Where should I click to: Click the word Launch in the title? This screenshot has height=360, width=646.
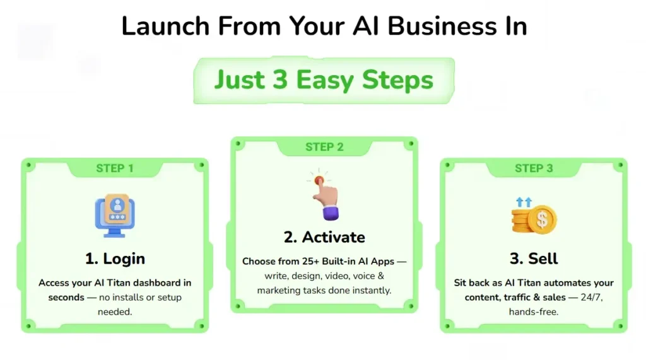(166, 26)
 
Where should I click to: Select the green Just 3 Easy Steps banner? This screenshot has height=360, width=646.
(324, 80)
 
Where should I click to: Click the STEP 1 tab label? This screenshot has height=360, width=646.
(115, 168)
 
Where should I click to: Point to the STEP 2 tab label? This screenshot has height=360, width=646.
(324, 147)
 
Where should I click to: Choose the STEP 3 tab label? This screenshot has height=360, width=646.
(534, 168)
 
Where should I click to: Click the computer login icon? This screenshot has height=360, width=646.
(115, 216)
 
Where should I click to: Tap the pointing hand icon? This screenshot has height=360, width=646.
(324, 195)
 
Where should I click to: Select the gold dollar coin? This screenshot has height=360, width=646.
(542, 219)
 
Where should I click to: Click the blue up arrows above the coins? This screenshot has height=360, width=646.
(524, 202)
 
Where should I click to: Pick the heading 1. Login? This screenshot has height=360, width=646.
(115, 258)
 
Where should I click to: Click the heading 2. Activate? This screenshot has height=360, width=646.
(324, 237)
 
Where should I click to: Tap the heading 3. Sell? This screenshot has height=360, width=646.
(534, 258)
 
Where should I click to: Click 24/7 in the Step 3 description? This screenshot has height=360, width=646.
(592, 298)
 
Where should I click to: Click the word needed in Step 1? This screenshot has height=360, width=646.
(115, 312)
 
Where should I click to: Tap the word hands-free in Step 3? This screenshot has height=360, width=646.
(534, 312)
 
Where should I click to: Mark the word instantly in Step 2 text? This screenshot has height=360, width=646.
(372, 291)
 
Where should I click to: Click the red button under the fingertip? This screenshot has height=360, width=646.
(319, 180)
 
